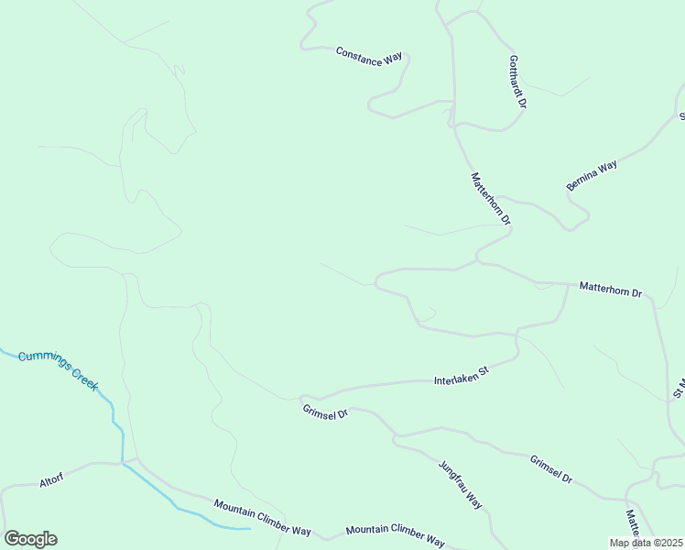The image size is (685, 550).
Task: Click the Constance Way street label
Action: [369, 55]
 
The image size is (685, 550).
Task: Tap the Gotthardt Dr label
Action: [517, 81]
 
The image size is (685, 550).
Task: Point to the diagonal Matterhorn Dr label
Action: [490, 199]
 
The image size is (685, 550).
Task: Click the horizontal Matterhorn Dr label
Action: [611, 291]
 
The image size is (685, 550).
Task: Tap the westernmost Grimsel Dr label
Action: [326, 412]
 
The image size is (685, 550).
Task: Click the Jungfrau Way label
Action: [461, 484]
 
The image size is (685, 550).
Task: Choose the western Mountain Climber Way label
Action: [263, 518]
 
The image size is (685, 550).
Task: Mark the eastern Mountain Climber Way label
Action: [395, 535]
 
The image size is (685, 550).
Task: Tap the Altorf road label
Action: [51, 480]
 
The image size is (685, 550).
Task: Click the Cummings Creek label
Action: [58, 370]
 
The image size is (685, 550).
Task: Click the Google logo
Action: [30, 538]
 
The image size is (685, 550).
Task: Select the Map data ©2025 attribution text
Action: [647, 543]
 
